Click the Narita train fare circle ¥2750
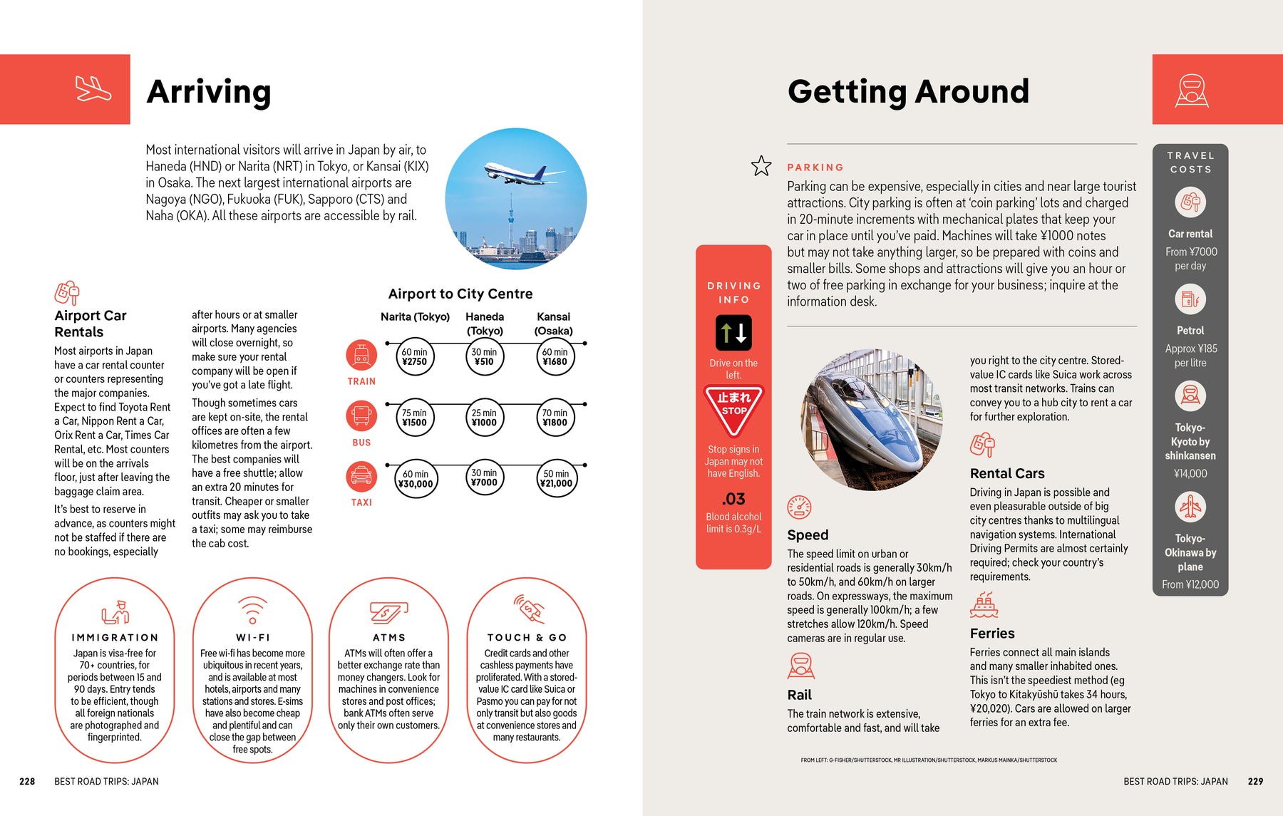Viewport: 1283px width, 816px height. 414,357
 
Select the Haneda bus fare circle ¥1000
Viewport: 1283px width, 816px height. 484,418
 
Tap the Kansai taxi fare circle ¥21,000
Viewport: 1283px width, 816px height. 556,479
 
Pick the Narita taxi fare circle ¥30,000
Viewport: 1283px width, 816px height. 415,479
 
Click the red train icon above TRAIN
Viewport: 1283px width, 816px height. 361,355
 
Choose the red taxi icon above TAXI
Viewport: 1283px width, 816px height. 361,476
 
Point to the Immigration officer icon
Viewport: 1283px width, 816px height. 115,612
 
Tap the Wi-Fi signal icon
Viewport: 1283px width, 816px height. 252,610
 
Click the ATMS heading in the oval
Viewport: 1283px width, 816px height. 388,638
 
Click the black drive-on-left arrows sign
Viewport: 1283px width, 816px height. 733,333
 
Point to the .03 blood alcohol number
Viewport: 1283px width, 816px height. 733,499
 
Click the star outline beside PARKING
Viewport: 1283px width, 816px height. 761,166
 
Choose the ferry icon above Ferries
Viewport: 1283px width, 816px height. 984,605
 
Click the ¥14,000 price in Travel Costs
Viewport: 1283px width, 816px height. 1190,473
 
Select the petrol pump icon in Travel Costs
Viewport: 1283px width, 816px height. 1190,299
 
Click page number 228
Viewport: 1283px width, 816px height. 27,781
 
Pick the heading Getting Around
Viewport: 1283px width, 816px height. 908,91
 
